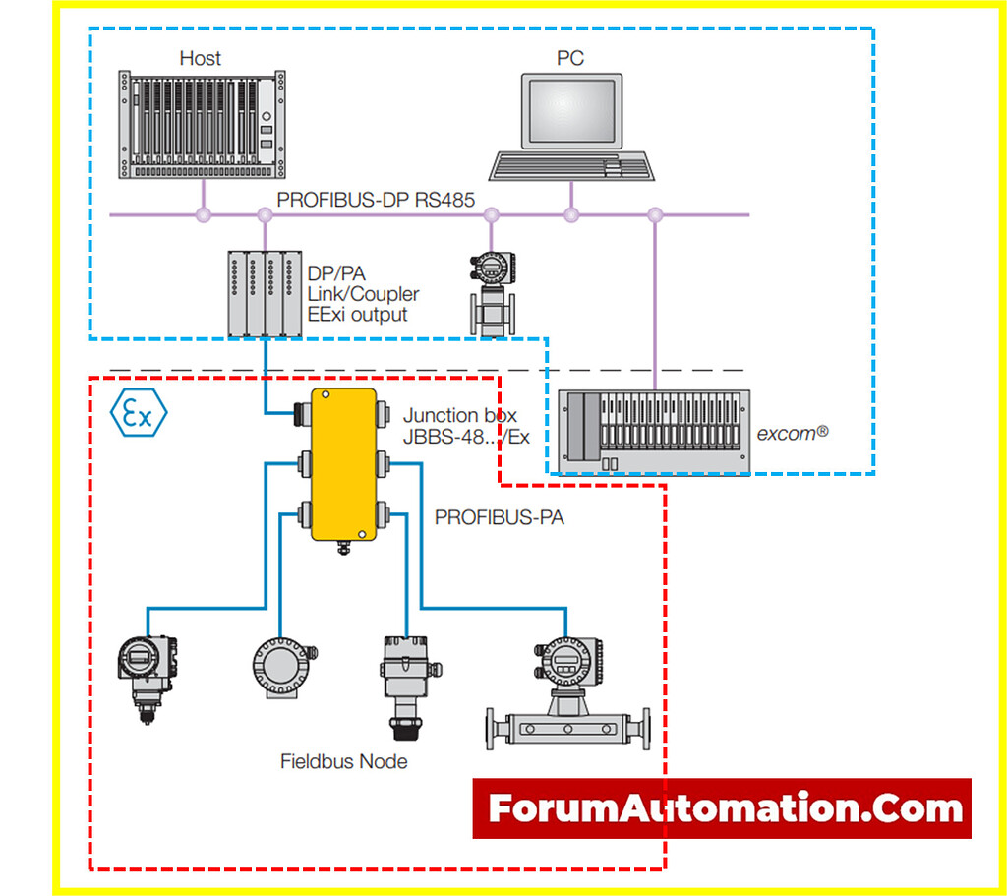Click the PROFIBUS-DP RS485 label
(x=376, y=200)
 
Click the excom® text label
(x=794, y=433)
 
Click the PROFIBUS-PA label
(x=500, y=516)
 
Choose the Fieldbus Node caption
(x=343, y=760)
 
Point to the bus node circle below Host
(x=204, y=213)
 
